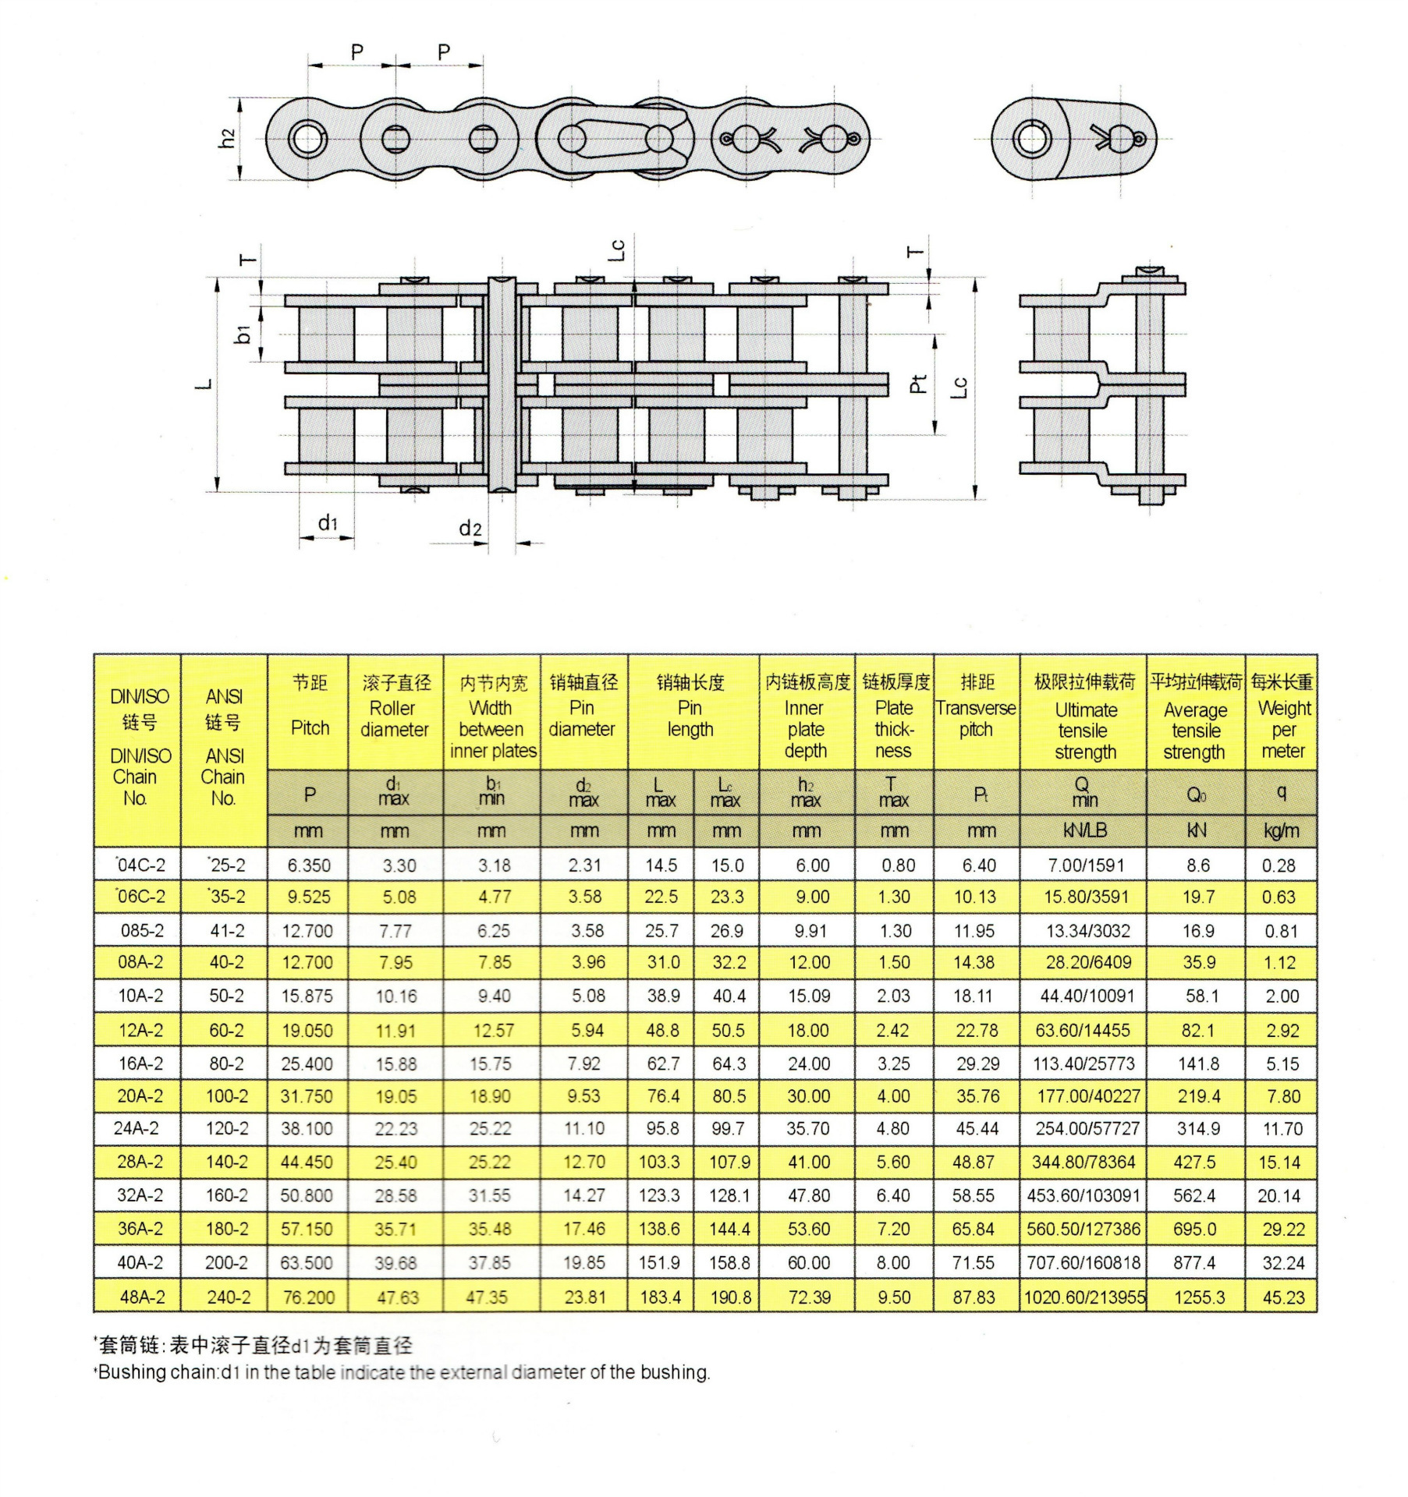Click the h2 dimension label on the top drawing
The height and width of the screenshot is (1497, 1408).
(227, 139)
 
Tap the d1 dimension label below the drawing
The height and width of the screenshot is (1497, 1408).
(328, 523)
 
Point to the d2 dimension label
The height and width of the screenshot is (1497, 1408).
(470, 529)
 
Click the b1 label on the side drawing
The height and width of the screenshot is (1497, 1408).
(243, 334)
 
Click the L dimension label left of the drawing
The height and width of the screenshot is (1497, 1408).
(204, 384)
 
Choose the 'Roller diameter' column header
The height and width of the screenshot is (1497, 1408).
(395, 718)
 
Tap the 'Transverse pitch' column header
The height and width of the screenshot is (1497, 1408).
(976, 718)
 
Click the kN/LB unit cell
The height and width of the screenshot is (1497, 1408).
(1084, 830)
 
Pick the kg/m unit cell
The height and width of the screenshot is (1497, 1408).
(1282, 830)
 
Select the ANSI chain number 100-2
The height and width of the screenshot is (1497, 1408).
(227, 1095)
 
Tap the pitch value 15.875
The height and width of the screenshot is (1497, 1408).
(307, 996)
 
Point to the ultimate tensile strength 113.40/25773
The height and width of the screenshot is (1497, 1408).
(1084, 1063)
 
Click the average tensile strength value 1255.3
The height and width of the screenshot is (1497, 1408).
(1199, 1297)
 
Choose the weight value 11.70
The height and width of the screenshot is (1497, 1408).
(1282, 1128)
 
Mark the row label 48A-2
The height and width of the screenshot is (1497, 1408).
(142, 1297)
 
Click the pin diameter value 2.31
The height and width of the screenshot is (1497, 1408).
(584, 865)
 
